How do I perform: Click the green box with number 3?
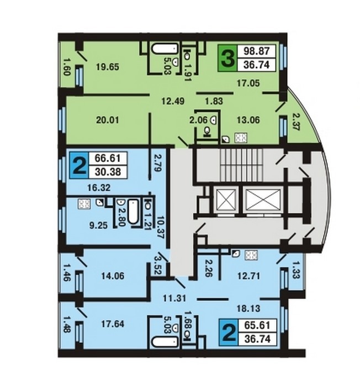click(227, 59)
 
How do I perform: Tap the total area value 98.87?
click(256, 51)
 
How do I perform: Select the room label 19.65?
click(108, 67)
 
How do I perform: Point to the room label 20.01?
click(108, 120)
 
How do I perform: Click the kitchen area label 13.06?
click(248, 120)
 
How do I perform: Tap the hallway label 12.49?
click(173, 101)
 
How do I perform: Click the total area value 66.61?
click(108, 158)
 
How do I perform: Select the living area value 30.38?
click(108, 171)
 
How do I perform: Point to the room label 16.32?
click(99, 188)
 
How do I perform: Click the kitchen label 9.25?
click(98, 225)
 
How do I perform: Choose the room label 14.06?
click(113, 276)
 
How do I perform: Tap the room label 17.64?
click(113, 324)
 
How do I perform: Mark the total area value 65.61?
click(257, 325)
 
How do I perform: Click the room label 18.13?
click(248, 308)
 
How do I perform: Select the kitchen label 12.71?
click(248, 276)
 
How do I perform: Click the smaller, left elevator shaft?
click(226, 200)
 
